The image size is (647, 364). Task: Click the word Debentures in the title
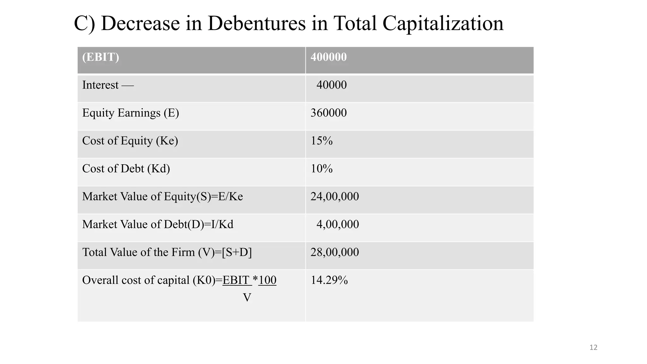(x=257, y=23)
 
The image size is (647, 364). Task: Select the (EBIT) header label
(x=100, y=57)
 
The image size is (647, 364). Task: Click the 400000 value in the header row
(x=329, y=57)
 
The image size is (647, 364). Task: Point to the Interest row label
(x=100, y=85)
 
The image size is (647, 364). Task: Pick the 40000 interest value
(x=331, y=85)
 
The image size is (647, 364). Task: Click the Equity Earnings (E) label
(x=130, y=113)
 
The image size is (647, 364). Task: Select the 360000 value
(x=329, y=113)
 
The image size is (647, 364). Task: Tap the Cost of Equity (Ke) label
(x=130, y=141)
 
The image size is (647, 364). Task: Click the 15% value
(x=322, y=141)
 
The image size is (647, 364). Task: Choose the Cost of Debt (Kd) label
(x=126, y=168)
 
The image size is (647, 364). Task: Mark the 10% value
(x=322, y=168)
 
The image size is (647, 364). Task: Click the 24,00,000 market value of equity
(x=335, y=197)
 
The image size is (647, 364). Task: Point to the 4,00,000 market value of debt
(x=337, y=224)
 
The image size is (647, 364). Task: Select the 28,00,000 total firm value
(x=335, y=252)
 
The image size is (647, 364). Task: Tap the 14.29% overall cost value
(x=329, y=280)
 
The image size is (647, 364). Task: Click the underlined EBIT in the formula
(x=236, y=280)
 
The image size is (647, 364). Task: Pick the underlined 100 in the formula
(x=267, y=280)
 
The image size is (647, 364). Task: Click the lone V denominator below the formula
(x=247, y=297)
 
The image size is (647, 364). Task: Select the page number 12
(x=593, y=348)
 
